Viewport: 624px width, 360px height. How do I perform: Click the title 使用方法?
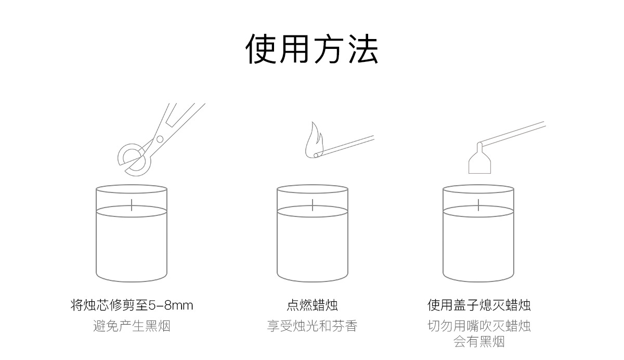(x=312, y=50)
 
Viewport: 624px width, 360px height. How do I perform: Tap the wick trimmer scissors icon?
(x=156, y=140)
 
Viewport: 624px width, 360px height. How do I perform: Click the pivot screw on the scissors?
(x=160, y=138)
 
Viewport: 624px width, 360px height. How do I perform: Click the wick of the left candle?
(x=132, y=204)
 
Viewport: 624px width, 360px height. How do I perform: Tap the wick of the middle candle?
(x=312, y=204)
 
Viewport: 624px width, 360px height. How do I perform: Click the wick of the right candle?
(x=478, y=204)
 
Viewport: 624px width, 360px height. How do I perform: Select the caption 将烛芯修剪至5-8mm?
(x=132, y=305)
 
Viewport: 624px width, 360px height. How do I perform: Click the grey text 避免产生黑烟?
(x=132, y=326)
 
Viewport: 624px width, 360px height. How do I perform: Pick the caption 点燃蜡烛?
(x=312, y=305)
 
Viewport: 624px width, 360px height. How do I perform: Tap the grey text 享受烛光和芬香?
(x=312, y=326)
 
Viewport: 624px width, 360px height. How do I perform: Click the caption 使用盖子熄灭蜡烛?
(x=478, y=305)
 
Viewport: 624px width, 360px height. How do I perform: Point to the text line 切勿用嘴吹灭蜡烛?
(x=478, y=326)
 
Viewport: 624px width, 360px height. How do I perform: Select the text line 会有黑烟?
(x=478, y=342)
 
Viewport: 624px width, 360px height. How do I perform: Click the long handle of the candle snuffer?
(x=515, y=132)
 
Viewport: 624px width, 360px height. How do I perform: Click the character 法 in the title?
(x=362, y=50)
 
